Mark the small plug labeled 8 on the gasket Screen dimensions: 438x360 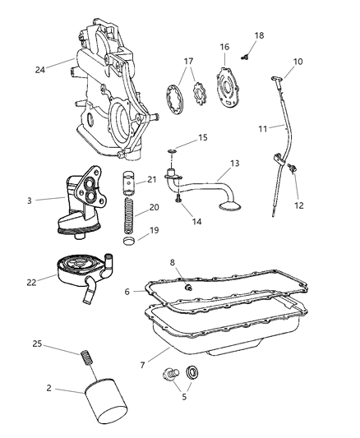click(187, 288)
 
